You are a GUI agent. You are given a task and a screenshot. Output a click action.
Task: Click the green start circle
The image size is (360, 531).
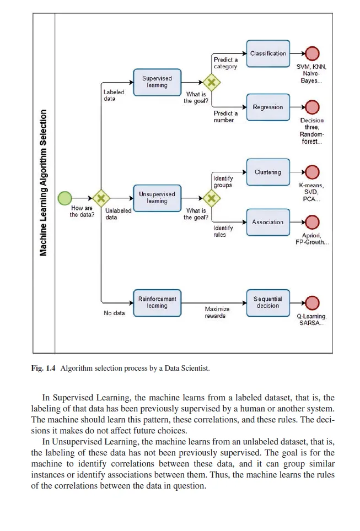point(65,198)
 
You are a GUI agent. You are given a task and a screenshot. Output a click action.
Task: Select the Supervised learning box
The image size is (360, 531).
point(157,82)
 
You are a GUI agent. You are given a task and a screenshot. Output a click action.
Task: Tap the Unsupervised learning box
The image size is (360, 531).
point(157,198)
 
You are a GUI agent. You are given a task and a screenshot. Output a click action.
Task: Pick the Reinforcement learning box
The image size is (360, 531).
point(157,302)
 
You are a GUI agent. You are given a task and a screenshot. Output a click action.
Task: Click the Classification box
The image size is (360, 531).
point(268,53)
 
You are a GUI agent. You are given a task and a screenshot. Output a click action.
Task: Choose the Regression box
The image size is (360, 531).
point(268,107)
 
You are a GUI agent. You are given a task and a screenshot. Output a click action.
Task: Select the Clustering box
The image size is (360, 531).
point(268,172)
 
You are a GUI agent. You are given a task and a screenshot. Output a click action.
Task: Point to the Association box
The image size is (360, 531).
point(268,222)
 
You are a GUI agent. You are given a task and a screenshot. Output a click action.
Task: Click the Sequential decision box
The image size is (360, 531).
point(268,302)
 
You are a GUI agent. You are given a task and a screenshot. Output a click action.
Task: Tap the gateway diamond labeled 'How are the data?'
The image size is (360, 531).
point(100,198)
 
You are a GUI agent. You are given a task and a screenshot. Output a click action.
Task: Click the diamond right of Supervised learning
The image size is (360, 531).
point(211,82)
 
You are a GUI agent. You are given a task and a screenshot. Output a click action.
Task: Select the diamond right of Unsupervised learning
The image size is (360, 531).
point(211,198)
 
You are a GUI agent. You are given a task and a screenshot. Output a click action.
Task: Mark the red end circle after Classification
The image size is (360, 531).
point(312,53)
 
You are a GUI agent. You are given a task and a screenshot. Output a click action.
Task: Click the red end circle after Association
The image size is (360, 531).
point(312,222)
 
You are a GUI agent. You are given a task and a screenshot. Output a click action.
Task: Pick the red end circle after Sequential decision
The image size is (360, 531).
point(312,302)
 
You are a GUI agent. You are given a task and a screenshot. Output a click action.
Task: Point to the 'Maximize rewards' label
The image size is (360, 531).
point(217,312)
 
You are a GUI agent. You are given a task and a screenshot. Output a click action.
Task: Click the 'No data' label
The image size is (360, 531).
point(114,313)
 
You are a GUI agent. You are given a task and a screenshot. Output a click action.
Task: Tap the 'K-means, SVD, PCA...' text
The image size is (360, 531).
point(311,192)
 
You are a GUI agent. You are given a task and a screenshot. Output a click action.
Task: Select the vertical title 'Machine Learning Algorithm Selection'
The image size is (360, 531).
point(44,182)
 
